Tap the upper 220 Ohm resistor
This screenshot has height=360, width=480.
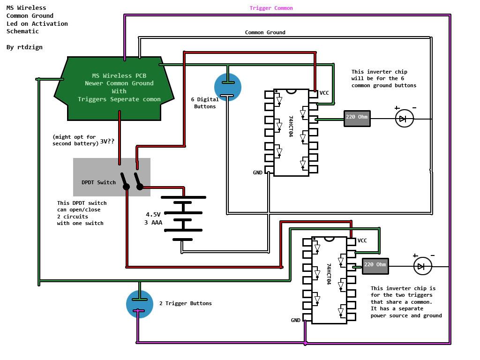[357, 118]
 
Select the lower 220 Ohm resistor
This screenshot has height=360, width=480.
[375, 266]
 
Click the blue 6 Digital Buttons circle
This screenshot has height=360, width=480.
[228, 87]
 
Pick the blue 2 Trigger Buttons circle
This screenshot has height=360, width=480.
[140, 304]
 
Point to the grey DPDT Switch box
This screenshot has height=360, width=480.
[112, 177]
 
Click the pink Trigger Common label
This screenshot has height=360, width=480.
[271, 8]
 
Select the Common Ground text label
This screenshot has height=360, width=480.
[265, 33]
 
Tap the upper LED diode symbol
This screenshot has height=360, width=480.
[404, 119]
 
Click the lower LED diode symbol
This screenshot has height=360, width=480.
[422, 266]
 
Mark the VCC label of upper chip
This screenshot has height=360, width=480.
[324, 93]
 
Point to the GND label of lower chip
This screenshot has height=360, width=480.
[295, 321]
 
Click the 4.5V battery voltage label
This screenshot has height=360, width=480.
[153, 215]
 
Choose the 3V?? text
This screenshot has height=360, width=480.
[107, 141]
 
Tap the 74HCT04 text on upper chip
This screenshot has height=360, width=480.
[291, 127]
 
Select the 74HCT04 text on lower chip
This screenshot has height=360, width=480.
[329, 274]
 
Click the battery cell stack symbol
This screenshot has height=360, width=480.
[183, 218]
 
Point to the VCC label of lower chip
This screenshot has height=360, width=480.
[362, 241]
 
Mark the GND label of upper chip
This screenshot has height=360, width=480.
[257, 173]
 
